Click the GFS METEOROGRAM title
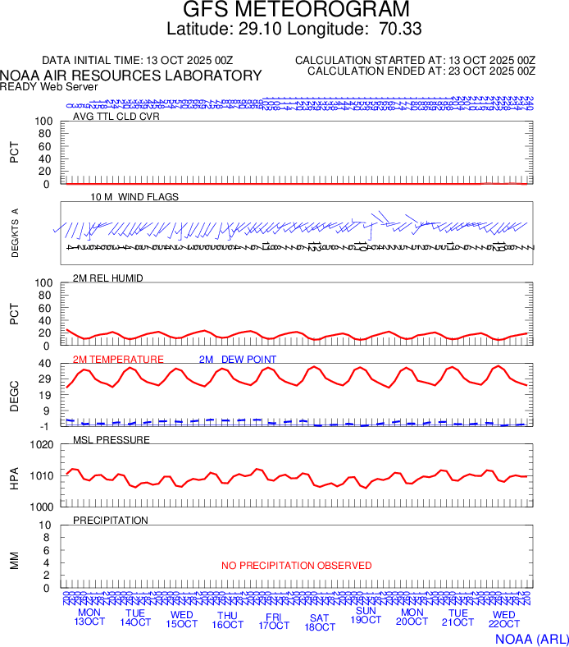pyautogui.click(x=284, y=11)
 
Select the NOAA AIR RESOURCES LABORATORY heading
pyautogui.click(x=131, y=76)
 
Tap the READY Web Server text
pyautogui.click(x=49, y=86)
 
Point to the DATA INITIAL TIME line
pyautogui.click(x=138, y=61)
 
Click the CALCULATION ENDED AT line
pyautogui.click(x=421, y=71)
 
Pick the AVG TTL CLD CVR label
pyautogui.click(x=116, y=117)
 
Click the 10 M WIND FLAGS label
pyautogui.click(x=134, y=197)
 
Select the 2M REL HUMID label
pyautogui.click(x=108, y=278)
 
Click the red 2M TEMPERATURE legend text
pyautogui.click(x=118, y=360)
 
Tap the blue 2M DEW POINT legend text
pyautogui.click(x=238, y=360)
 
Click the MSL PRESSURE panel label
pyautogui.click(x=112, y=440)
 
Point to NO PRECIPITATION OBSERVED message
pyautogui.click(x=296, y=566)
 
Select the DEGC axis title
pyautogui.click(x=14, y=394)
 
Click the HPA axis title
pyautogui.click(x=14, y=475)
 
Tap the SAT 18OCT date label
pyautogui.click(x=319, y=622)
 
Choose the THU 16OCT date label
pyautogui.click(x=227, y=619)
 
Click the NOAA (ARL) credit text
pyautogui.click(x=530, y=638)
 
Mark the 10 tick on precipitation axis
pyautogui.click(x=46, y=525)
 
